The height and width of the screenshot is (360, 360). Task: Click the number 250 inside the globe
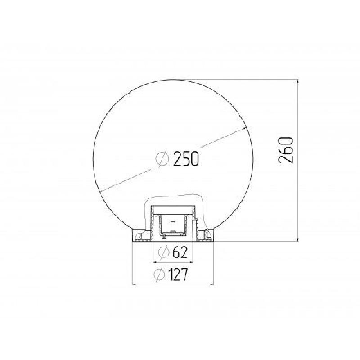pyautogui.click(x=186, y=159)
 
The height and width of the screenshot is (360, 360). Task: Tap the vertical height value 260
pyautogui.click(x=286, y=150)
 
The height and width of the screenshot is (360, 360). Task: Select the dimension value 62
pyautogui.click(x=180, y=252)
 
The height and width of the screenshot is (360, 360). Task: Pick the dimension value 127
pyautogui.click(x=178, y=274)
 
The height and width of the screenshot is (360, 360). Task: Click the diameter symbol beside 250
pyautogui.click(x=162, y=159)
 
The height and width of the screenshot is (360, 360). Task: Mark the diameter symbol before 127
pyautogui.click(x=159, y=274)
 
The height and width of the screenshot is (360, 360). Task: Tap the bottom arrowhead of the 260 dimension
pyautogui.click(x=298, y=239)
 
